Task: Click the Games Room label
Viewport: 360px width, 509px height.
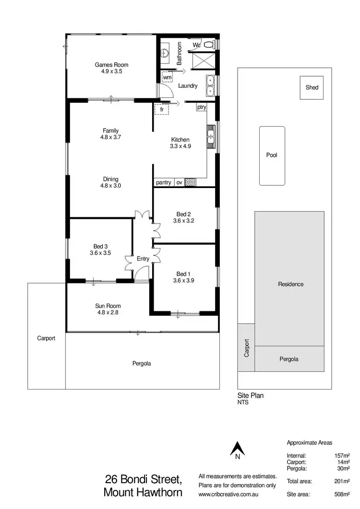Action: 111,65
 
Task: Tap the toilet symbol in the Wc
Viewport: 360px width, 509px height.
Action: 208,45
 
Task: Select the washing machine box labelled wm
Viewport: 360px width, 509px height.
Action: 167,77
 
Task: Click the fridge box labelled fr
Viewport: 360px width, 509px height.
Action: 162,109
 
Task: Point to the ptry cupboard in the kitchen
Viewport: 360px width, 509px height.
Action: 201,107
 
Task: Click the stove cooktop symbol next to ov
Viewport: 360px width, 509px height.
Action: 191,182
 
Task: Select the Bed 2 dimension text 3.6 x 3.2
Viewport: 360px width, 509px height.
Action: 183,221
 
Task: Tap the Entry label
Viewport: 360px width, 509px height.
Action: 143,259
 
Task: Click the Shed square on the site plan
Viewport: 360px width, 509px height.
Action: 312,88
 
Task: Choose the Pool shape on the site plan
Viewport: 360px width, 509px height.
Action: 272,155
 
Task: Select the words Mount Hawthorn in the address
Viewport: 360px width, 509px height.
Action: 143,492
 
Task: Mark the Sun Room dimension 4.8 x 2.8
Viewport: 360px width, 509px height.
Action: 108,312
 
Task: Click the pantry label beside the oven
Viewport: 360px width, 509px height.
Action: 164,182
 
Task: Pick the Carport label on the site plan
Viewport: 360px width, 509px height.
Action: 247,347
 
